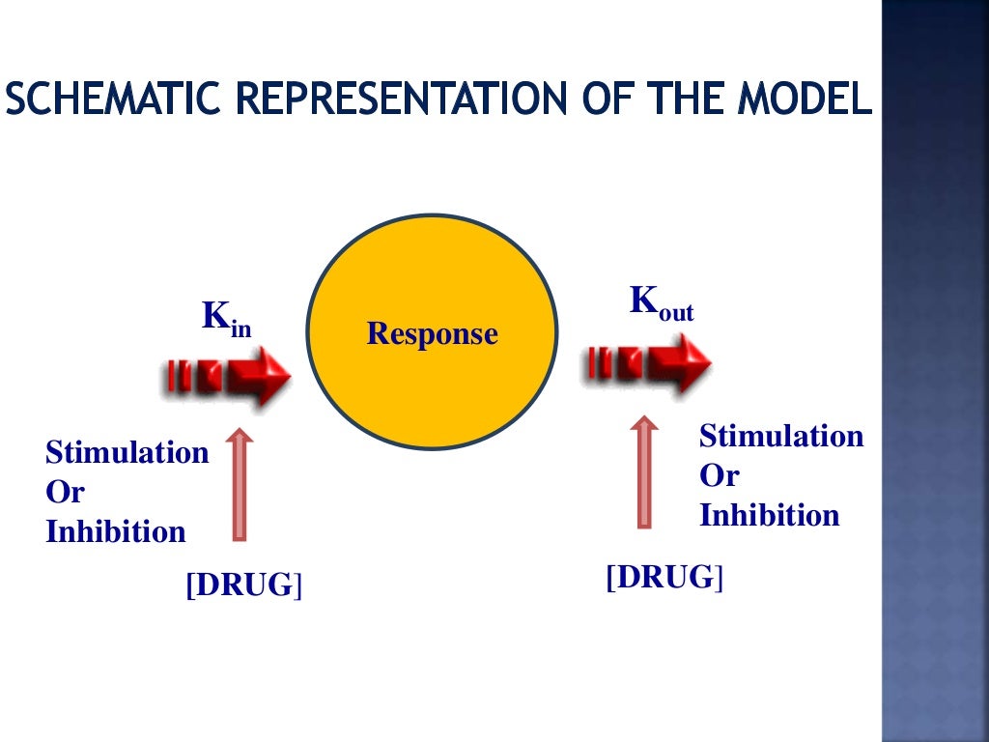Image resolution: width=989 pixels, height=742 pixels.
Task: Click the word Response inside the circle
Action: point(432,334)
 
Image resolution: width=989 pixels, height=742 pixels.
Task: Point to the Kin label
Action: point(226,319)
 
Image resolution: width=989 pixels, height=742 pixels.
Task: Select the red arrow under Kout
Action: point(648,364)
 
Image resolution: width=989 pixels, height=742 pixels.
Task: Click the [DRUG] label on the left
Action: point(243,585)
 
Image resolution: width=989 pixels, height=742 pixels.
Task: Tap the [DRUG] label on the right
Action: point(664,578)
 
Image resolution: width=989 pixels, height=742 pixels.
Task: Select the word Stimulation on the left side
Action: point(127,453)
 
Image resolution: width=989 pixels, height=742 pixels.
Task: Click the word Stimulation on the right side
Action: point(780,436)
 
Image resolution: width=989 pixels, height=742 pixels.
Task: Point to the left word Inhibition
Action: point(115,531)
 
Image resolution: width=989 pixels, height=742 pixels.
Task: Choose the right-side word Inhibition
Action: point(769,515)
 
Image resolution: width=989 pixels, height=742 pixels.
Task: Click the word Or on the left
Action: point(65,492)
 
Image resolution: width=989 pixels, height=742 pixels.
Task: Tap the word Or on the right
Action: point(719,475)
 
